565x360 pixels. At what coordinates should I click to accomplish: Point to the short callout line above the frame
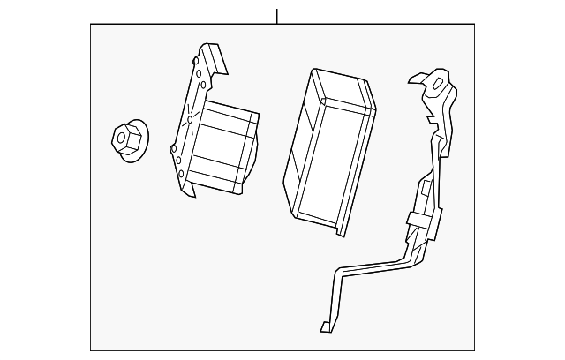(277, 16)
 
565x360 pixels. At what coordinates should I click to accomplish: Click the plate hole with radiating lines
(190, 118)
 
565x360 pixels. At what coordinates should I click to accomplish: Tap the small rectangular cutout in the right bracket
(426, 187)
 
